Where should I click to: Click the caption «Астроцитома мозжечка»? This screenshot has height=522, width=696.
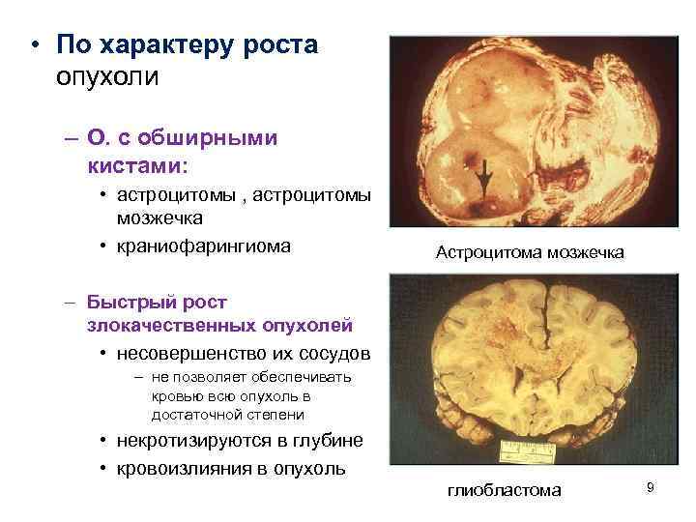pyautogui.click(x=530, y=252)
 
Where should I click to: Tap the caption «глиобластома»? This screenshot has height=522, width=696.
pyautogui.click(x=504, y=490)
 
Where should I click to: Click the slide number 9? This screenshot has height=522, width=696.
pyautogui.click(x=651, y=488)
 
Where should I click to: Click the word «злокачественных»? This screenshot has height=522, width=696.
pyautogui.click(x=169, y=324)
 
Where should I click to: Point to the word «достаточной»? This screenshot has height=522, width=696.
pyautogui.click(x=197, y=415)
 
